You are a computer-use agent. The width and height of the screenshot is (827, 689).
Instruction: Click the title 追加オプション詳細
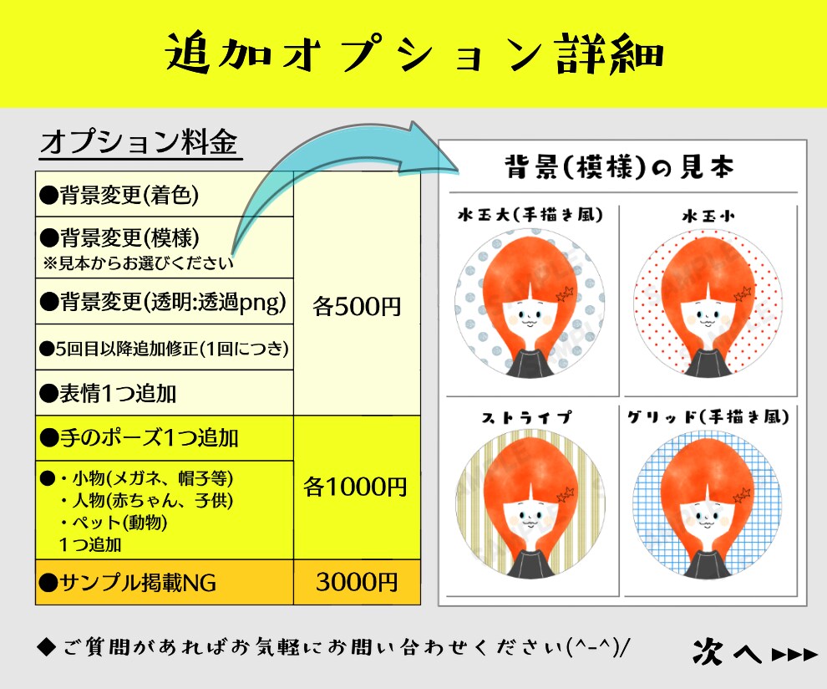pyautogui.click(x=414, y=54)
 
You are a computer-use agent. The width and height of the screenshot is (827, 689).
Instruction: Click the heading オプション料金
pyautogui.click(x=140, y=142)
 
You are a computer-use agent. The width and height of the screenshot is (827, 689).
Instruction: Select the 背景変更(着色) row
pyautogui.click(x=165, y=194)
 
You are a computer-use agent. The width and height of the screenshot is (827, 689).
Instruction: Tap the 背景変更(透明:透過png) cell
pyautogui.click(x=165, y=301)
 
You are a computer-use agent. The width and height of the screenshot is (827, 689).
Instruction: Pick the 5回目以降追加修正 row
pyautogui.click(x=165, y=347)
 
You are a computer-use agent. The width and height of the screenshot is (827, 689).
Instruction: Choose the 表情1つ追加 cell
pyautogui.click(x=165, y=393)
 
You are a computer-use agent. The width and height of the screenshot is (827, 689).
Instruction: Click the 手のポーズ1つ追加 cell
pyautogui.click(x=165, y=438)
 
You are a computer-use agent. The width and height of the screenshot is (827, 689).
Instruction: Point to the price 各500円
pyautogui.click(x=357, y=306)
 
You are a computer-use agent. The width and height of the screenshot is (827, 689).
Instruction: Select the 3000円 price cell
pyautogui.click(x=357, y=582)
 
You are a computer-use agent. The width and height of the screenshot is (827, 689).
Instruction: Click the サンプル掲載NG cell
pyautogui.click(x=165, y=582)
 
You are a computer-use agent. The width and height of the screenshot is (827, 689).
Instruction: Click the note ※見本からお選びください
pyautogui.click(x=138, y=263)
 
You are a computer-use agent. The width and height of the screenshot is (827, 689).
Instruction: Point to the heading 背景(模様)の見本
pyautogui.click(x=619, y=167)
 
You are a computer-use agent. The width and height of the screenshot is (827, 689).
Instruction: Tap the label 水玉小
pyautogui.click(x=708, y=216)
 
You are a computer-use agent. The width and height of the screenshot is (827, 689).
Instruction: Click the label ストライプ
pyautogui.click(x=526, y=417)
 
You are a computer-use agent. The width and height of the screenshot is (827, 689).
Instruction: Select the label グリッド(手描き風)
pyautogui.click(x=708, y=416)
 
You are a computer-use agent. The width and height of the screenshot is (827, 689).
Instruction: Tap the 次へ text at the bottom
pyautogui.click(x=728, y=651)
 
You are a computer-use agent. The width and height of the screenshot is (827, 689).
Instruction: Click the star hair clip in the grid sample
pyautogui.click(x=741, y=495)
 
